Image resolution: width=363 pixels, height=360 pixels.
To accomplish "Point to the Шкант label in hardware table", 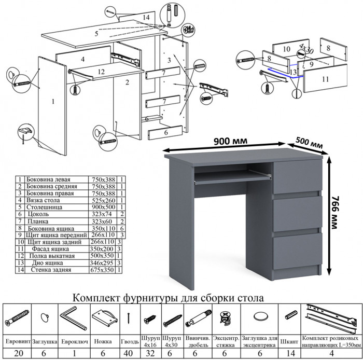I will click(x=289, y=342).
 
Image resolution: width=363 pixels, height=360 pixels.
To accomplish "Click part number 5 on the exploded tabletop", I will click(x=96, y=34).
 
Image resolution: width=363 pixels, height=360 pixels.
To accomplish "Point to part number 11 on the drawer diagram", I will click(x=325, y=79).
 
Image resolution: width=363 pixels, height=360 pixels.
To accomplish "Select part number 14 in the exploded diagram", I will click(x=146, y=17).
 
